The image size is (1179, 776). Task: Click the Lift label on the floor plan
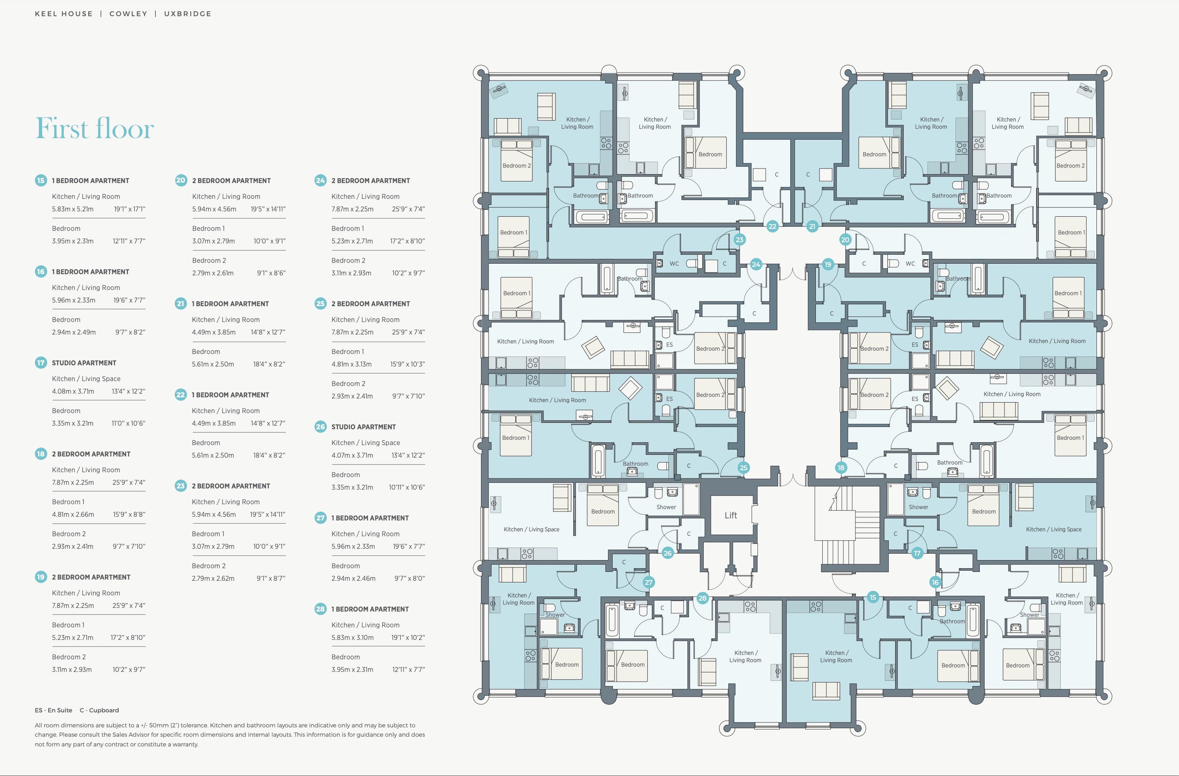pyautogui.click(x=731, y=515)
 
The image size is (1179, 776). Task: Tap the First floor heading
pyautogui.click(x=95, y=128)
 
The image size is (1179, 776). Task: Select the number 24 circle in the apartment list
pyautogui.click(x=321, y=180)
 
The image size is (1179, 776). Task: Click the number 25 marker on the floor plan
pyautogui.click(x=743, y=467)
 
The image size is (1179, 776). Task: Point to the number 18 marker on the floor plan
pyautogui.click(x=841, y=467)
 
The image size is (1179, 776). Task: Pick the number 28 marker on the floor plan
pyautogui.click(x=702, y=598)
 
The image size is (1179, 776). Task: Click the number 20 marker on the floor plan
pyautogui.click(x=845, y=240)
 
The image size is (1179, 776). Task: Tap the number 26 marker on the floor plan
pyautogui.click(x=667, y=553)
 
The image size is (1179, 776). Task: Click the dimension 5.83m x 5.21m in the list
pyautogui.click(x=73, y=209)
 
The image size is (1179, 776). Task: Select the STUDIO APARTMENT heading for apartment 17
pyautogui.click(x=84, y=363)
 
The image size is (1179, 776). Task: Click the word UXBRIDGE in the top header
pyautogui.click(x=188, y=14)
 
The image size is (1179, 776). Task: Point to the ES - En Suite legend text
pyautogui.click(x=53, y=710)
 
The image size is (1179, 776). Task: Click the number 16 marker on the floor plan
pyautogui.click(x=935, y=582)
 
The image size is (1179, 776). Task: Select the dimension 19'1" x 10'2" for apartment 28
pyautogui.click(x=408, y=638)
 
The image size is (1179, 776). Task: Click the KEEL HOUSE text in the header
pyautogui.click(x=64, y=14)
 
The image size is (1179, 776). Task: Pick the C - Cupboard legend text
pyautogui.click(x=99, y=710)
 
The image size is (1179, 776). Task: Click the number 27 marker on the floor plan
pyautogui.click(x=649, y=582)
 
